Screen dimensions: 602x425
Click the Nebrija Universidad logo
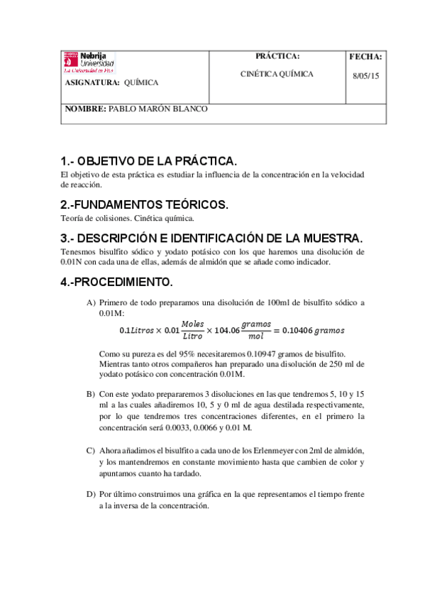pos(89,62)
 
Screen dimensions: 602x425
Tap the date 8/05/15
pos(366,76)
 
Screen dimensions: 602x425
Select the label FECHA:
pos(366,56)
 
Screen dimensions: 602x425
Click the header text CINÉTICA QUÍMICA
pos(277,74)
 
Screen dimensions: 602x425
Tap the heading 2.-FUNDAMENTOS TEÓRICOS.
pos(145,204)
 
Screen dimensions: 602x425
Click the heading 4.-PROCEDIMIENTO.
pos(117,282)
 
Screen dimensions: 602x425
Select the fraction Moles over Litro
pos(192,330)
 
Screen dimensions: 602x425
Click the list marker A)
pos(91,302)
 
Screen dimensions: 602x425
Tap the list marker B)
pos(91,393)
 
